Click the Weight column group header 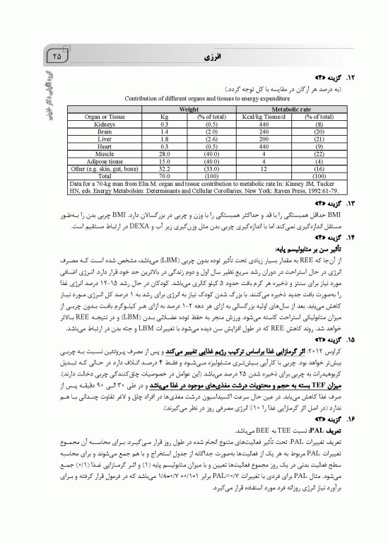(x=187, y=110)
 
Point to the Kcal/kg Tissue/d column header (x=262, y=117)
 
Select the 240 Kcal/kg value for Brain (x=262, y=132)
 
